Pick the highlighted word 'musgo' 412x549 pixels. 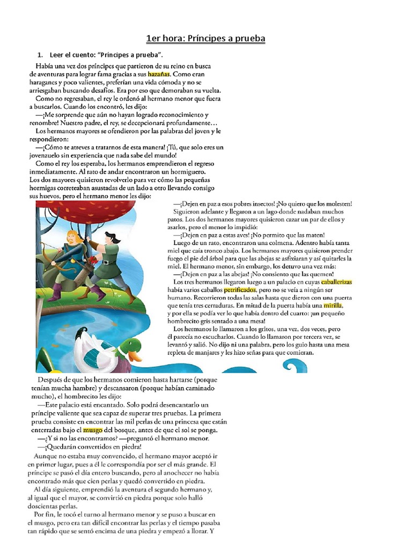93,430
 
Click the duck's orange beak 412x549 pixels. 134,355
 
